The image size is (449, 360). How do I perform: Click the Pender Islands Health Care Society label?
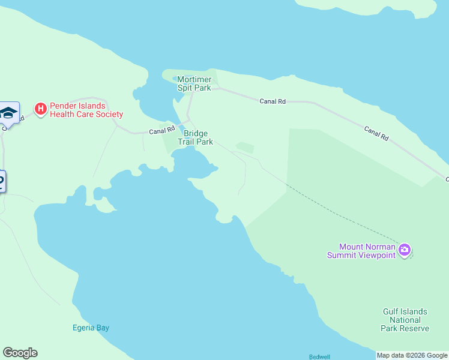click(86, 110)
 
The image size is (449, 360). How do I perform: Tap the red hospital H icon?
click(40, 109)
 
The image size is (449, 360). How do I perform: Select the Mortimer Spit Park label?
click(194, 83)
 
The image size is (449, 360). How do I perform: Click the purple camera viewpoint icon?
click(405, 250)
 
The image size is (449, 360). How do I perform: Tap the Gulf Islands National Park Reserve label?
click(405, 320)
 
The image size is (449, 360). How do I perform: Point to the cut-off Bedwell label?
click(319, 356)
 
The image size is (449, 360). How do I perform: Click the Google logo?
click(20, 353)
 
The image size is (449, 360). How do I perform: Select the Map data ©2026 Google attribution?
click(412, 355)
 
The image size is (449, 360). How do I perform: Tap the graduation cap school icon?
click(9, 112)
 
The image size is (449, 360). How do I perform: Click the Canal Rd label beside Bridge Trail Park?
click(162, 130)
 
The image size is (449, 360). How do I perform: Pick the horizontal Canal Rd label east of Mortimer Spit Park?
click(272, 101)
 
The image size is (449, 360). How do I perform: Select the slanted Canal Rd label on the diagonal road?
click(376, 133)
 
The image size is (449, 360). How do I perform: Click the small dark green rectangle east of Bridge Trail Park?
click(244, 147)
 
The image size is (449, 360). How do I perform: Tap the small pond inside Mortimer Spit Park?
click(175, 79)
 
